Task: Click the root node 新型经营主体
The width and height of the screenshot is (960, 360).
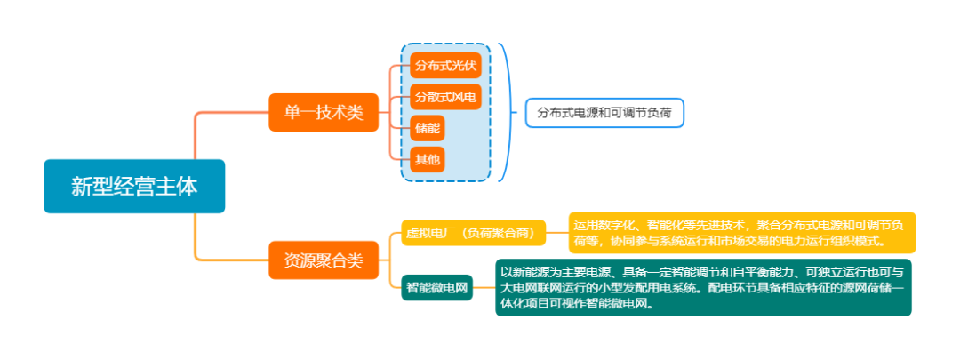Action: point(134,186)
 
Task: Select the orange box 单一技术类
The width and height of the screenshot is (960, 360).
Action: point(324,113)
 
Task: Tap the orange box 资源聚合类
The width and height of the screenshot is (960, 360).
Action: point(324,260)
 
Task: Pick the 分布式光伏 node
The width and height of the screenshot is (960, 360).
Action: point(445,66)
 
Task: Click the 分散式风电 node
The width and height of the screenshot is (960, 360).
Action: point(445,97)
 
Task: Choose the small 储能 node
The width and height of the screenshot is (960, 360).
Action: point(428,129)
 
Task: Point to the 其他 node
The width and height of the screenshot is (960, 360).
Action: point(428,160)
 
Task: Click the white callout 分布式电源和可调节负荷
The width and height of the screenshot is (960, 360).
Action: point(604,113)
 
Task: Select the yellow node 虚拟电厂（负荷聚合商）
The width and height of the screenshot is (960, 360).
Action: point(473,233)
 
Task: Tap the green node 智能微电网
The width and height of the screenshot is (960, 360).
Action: point(437,288)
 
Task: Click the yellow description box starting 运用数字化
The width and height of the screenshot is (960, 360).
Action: point(742,233)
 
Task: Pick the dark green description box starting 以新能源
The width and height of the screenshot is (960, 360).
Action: point(703,288)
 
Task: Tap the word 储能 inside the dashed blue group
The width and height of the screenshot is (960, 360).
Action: point(428,129)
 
